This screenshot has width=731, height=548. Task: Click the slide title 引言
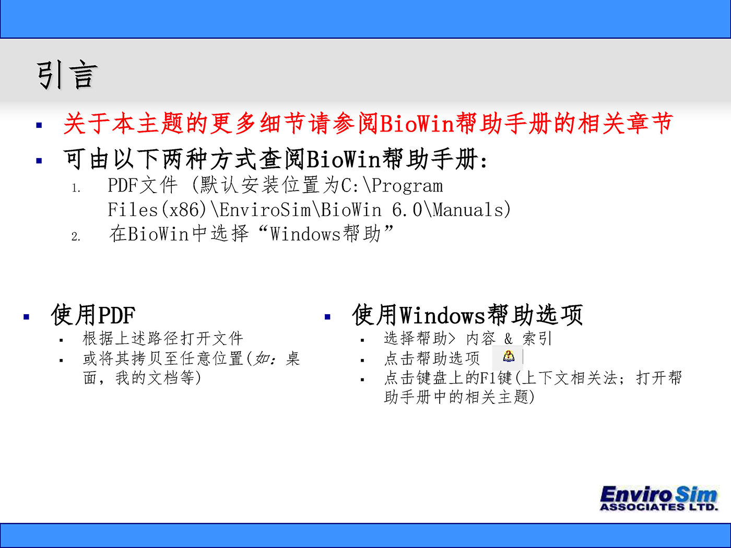67,75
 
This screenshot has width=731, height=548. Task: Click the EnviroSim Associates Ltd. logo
658,498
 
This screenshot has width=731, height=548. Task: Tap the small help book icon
508,356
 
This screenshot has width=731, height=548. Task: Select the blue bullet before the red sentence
39,125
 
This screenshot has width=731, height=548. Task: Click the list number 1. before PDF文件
76,188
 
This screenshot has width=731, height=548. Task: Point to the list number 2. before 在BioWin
76,236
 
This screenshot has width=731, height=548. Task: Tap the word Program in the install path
407,186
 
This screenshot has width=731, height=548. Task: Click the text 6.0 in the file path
407,210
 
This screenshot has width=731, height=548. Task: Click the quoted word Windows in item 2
305,234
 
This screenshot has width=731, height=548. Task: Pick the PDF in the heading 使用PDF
117,315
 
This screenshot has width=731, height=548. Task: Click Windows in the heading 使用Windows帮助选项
442,315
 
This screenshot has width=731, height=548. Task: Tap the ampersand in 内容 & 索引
508,339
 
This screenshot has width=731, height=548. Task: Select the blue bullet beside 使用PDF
27,317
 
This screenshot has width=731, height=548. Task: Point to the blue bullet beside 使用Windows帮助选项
328,317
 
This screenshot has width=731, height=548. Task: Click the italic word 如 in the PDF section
261,359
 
